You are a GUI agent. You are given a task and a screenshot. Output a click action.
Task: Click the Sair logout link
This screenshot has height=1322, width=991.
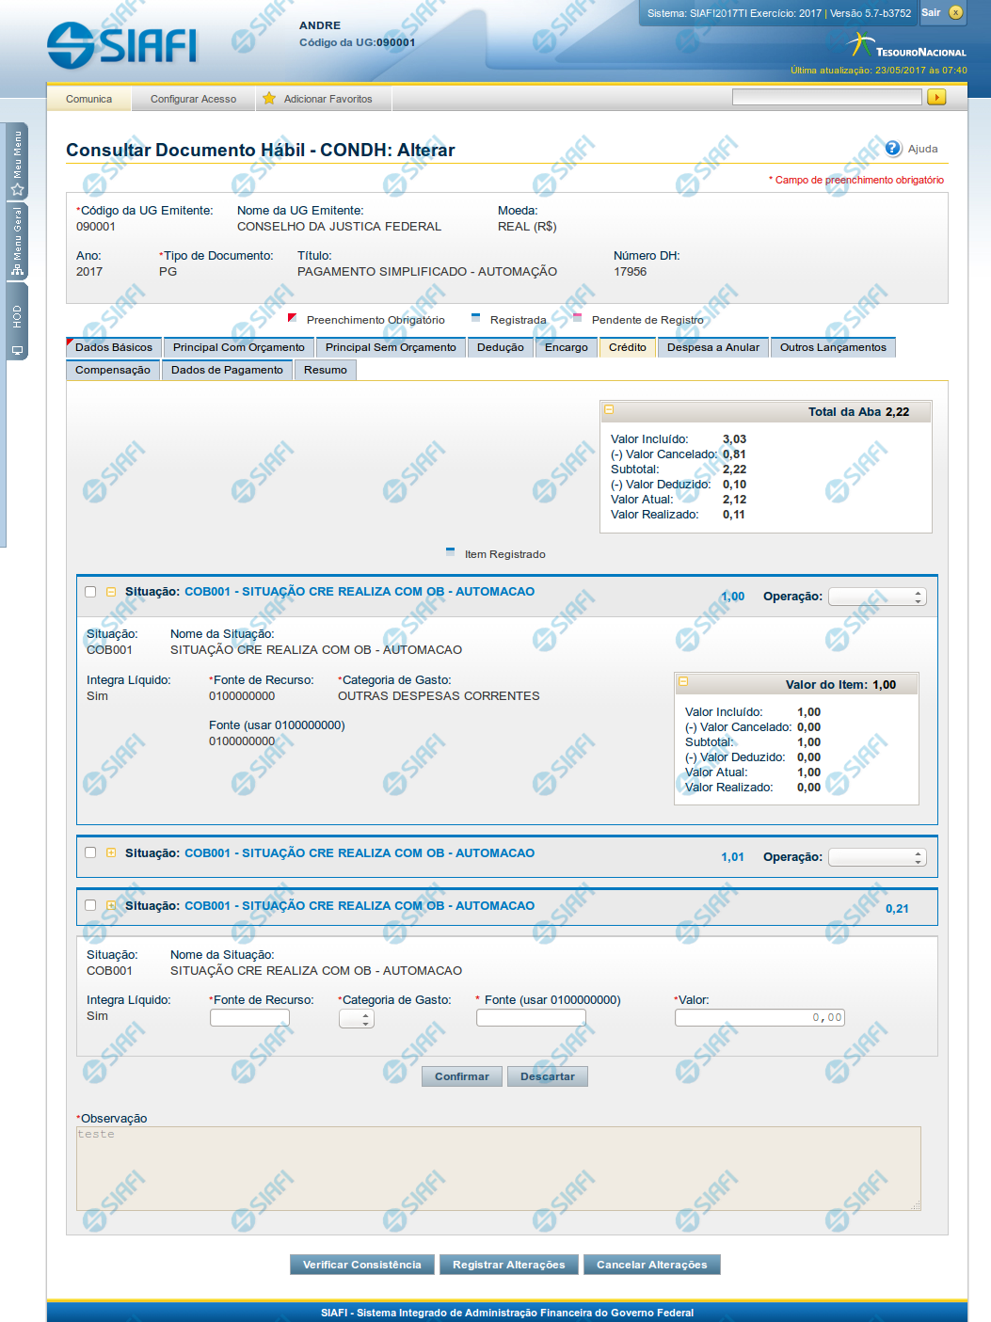point(931,13)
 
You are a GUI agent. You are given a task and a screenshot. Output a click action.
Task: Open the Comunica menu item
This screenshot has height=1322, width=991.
point(88,99)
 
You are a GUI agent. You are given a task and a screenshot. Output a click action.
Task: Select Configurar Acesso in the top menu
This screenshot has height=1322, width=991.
point(193,99)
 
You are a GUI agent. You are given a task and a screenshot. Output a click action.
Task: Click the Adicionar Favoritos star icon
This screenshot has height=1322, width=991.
point(269,99)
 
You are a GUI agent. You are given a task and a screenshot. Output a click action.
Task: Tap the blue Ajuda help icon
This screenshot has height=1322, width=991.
point(893,149)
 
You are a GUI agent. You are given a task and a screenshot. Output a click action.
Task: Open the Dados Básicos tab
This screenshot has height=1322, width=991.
point(113,347)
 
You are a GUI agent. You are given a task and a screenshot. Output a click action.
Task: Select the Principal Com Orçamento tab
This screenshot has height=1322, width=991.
point(238,347)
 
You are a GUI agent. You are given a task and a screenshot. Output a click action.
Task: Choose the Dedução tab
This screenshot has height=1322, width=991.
point(500,347)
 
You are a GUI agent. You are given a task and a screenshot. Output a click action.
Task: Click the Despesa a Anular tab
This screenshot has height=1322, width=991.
point(712,347)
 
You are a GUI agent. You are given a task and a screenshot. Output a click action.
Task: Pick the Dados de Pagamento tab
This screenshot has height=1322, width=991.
point(227,370)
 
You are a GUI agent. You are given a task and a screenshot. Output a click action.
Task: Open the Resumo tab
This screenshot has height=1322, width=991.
point(325,370)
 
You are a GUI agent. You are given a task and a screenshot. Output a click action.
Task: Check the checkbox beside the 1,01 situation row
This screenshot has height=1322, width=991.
point(90,852)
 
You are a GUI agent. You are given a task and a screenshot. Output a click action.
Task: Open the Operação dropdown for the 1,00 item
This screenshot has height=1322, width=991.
point(877,597)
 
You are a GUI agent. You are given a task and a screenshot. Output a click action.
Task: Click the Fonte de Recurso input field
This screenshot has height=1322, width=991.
point(249,1018)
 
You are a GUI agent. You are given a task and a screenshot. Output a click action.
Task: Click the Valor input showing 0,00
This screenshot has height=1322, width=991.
point(759,1017)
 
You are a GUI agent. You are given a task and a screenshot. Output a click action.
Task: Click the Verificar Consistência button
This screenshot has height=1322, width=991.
point(361,1265)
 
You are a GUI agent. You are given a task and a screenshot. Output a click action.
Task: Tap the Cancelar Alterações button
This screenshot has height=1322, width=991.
point(651,1265)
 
